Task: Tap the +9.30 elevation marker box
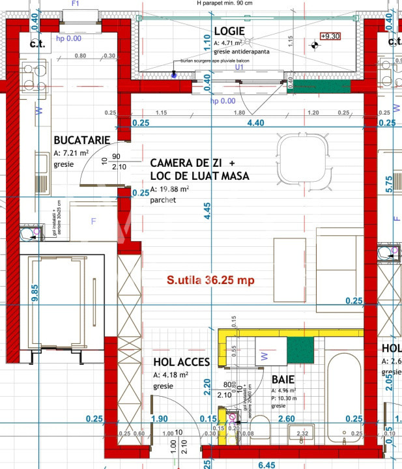pos(330,36)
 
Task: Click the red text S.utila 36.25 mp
pos(210,280)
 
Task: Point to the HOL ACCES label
pos(181,363)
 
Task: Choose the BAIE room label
pos(283,378)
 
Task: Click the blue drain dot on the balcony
pos(173,75)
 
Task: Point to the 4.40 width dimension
pos(253,122)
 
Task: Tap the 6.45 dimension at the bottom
pos(267,464)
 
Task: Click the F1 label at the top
pos(75,3)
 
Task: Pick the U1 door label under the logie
pos(239,67)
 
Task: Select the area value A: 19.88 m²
pos(169,189)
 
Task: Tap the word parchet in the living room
pos(164,200)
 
